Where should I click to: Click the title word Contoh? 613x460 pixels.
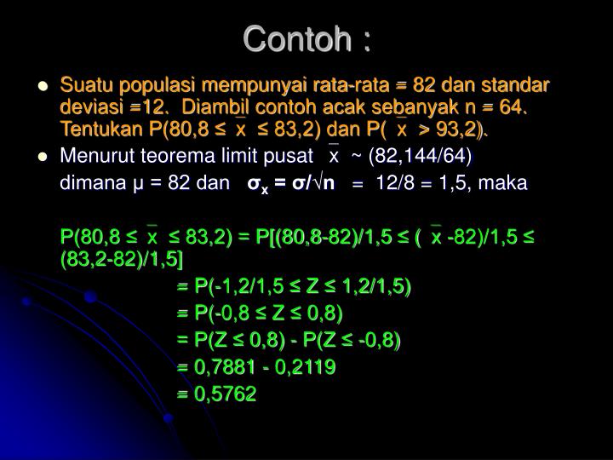[x=294, y=39]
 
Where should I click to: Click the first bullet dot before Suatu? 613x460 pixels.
[x=42, y=87]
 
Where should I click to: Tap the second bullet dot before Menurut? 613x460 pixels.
[x=42, y=157]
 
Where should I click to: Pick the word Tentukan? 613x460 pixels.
[x=97, y=129]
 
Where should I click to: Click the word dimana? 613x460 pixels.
[x=88, y=182]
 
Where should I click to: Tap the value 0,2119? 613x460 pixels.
[x=305, y=368]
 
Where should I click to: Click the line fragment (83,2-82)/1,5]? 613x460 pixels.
[x=123, y=257]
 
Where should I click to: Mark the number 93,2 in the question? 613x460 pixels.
[x=459, y=129]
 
